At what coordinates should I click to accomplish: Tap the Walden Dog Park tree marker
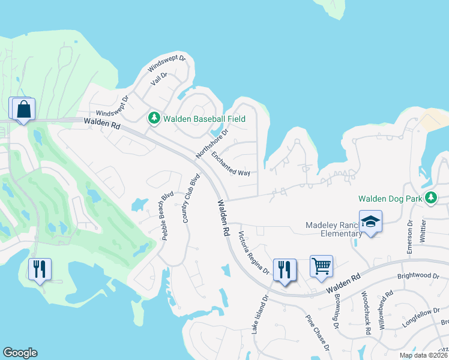[430, 197]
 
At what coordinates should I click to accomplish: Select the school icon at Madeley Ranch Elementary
[370, 221]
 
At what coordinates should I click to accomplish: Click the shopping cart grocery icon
[321, 265]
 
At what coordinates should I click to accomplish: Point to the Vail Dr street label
[158, 78]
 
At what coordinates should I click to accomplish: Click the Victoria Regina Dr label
[254, 253]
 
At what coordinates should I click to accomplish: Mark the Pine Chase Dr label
[318, 333]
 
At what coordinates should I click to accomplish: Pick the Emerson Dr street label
[410, 238]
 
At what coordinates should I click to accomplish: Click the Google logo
[20, 353]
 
